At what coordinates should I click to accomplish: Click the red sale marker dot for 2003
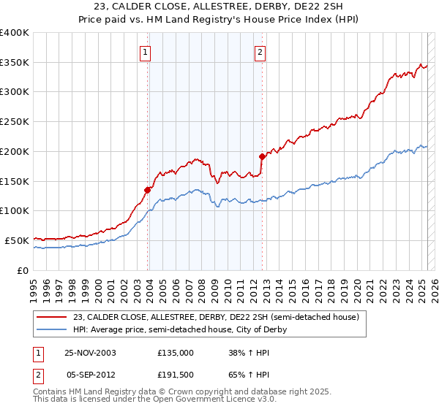(148, 190)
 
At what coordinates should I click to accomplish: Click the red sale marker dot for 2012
(261, 156)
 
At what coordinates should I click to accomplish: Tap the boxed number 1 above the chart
(146, 52)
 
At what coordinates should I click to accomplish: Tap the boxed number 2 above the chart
(260, 52)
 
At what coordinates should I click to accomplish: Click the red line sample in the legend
(53, 318)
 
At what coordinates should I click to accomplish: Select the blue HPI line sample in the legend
(53, 330)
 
